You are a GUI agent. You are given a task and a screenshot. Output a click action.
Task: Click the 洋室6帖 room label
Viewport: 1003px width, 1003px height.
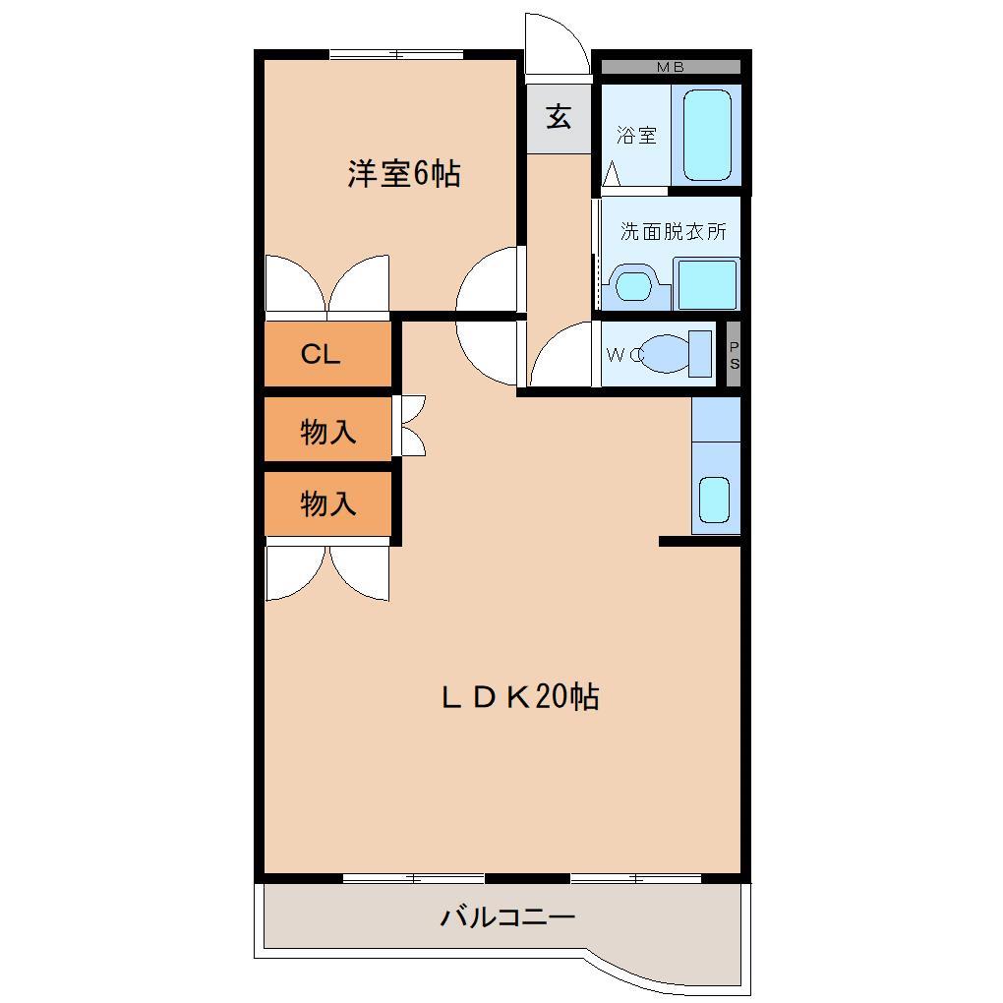403,174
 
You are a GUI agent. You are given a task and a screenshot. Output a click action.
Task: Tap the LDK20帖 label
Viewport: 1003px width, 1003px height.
518,697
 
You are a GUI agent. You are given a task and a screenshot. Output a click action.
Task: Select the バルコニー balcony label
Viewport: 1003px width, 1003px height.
506,918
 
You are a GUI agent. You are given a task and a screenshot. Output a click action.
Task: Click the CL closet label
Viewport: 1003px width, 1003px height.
320,355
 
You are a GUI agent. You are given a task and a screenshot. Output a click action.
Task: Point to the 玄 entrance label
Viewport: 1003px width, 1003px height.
559,117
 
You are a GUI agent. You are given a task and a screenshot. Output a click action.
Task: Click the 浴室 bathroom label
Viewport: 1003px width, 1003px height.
636,136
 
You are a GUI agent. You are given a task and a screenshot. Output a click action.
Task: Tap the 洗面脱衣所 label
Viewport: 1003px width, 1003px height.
673,232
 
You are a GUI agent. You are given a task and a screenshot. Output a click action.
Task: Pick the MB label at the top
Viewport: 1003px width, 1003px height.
671,67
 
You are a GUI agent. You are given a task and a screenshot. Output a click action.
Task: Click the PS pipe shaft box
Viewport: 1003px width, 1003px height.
734,354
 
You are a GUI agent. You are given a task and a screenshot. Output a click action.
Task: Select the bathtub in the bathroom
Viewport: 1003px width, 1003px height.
707,135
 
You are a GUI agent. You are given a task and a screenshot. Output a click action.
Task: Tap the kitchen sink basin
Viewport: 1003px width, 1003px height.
714,500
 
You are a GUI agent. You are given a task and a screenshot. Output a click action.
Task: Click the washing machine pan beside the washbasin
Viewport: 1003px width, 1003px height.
707,284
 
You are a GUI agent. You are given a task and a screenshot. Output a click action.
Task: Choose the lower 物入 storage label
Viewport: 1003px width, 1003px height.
327,503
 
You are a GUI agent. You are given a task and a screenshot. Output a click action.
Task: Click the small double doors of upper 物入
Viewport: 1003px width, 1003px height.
411,426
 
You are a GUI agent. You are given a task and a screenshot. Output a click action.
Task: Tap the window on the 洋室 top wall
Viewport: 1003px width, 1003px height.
395,54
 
